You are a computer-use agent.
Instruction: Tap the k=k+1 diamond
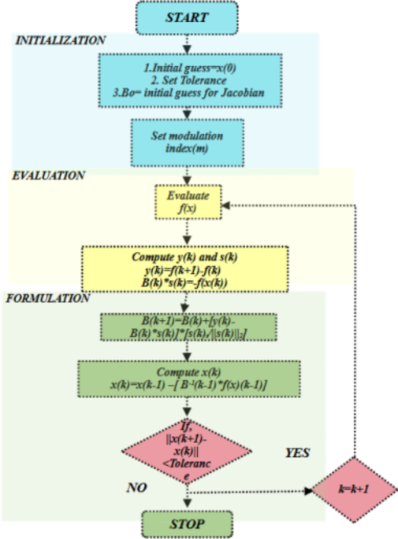[x=355, y=489]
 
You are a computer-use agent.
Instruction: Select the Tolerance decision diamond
[x=188, y=449]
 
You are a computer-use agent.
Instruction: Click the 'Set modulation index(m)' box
[x=186, y=142]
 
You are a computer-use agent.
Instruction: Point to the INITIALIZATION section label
[x=60, y=39]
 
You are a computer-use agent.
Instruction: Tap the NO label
[x=138, y=488]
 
